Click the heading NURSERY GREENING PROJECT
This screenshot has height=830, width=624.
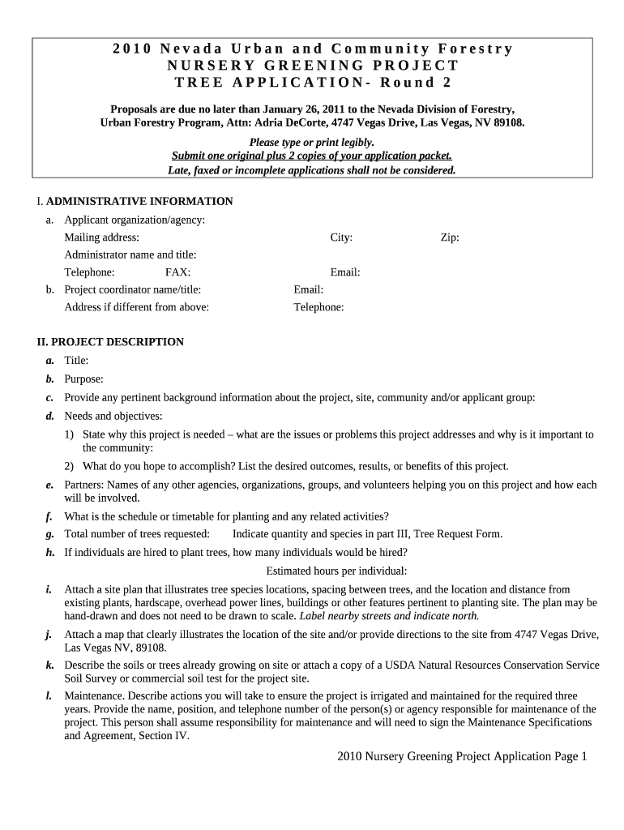312,66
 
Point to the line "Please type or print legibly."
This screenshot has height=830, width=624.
311,142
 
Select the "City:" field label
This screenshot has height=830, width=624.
341,237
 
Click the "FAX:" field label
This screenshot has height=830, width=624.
177,273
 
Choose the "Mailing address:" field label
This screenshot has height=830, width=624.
101,237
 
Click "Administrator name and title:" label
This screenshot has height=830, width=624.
130,255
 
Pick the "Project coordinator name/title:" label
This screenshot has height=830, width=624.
133,290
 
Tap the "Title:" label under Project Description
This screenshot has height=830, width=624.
76,361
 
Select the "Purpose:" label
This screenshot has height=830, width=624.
83,379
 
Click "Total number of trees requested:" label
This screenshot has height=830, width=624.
137,533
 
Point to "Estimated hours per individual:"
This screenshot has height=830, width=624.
336,571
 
